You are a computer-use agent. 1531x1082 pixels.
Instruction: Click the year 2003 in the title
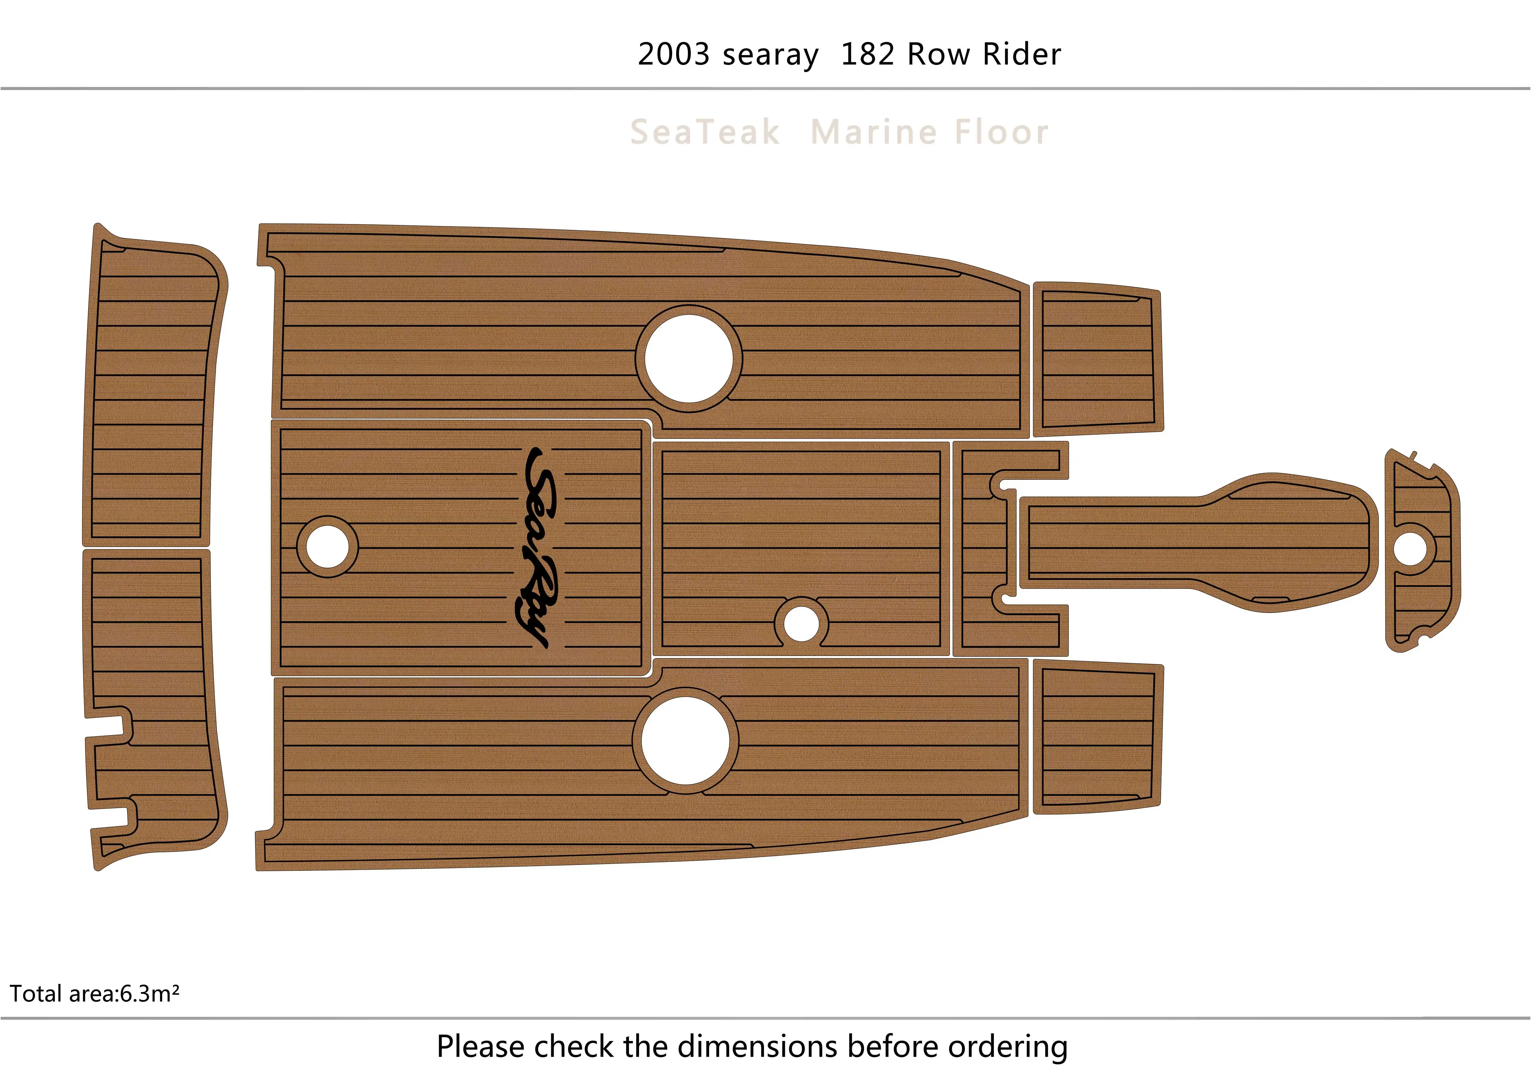pos(673,55)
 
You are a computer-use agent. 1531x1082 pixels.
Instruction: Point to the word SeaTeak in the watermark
pos(705,132)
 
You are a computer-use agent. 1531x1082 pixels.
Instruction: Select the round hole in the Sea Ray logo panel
pos(327,547)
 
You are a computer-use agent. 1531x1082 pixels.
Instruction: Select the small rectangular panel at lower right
pos(1097,737)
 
